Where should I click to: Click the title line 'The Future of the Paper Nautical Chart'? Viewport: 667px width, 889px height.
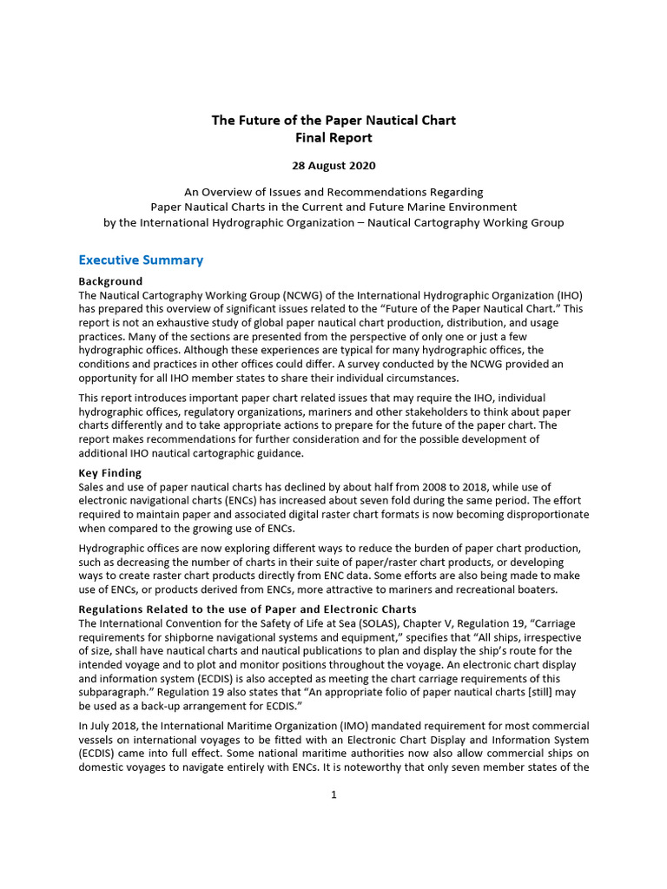coord(333,120)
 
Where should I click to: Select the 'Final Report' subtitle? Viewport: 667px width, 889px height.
coord(333,137)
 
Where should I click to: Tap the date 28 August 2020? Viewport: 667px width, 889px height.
coord(333,165)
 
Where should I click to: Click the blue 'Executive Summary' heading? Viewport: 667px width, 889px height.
coord(141,260)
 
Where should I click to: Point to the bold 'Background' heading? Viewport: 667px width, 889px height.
coord(110,281)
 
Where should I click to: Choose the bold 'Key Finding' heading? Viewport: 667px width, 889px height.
coord(109,473)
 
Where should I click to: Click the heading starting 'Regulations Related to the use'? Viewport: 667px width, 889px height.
coord(248,609)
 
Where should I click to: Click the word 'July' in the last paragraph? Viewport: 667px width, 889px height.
coord(102,726)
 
